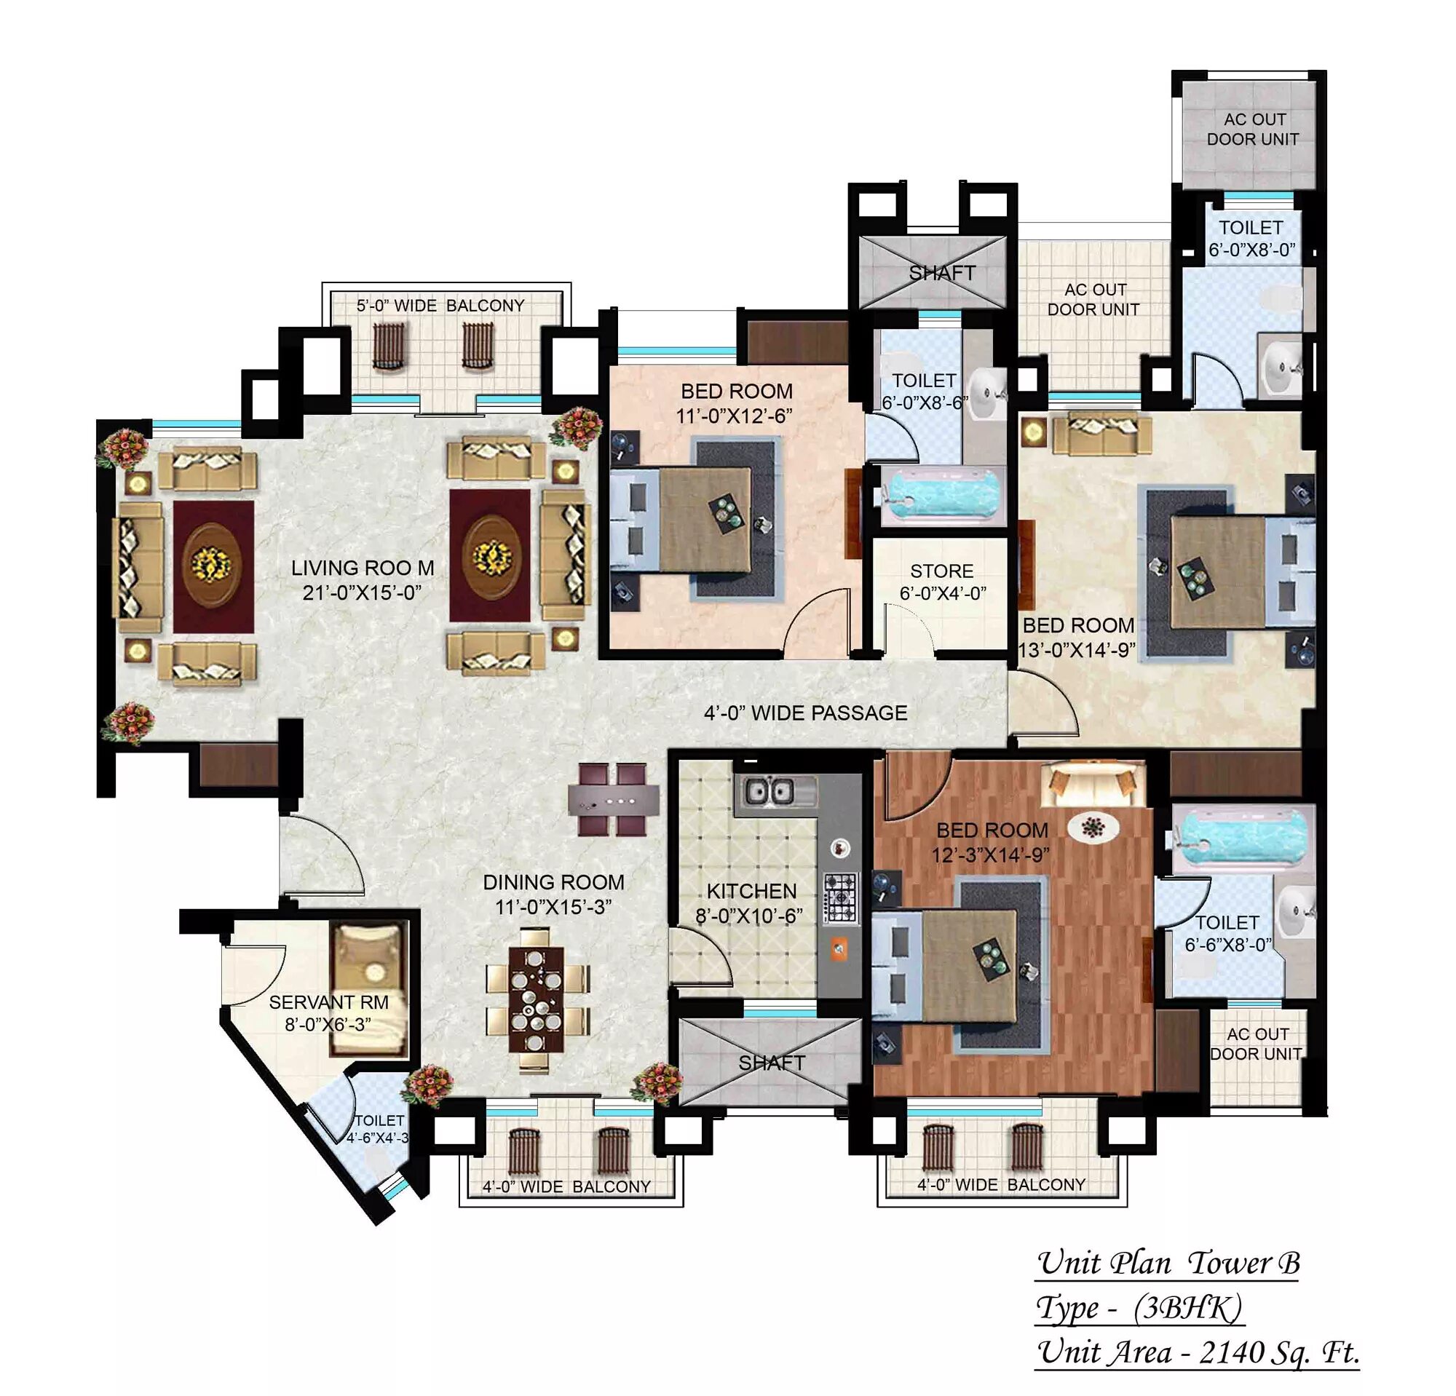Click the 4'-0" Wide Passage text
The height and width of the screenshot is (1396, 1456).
coord(806,713)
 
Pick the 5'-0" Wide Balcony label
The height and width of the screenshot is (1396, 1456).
coord(440,306)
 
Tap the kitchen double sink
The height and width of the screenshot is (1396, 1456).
coord(768,792)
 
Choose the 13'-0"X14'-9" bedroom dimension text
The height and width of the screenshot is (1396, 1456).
coord(1077,651)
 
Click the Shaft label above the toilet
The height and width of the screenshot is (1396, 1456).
coord(942,273)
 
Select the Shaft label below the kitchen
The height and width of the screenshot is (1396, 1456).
coord(772,1063)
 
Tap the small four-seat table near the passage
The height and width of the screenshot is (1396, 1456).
coord(614,801)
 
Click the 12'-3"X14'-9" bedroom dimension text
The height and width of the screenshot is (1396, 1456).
coord(991,855)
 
